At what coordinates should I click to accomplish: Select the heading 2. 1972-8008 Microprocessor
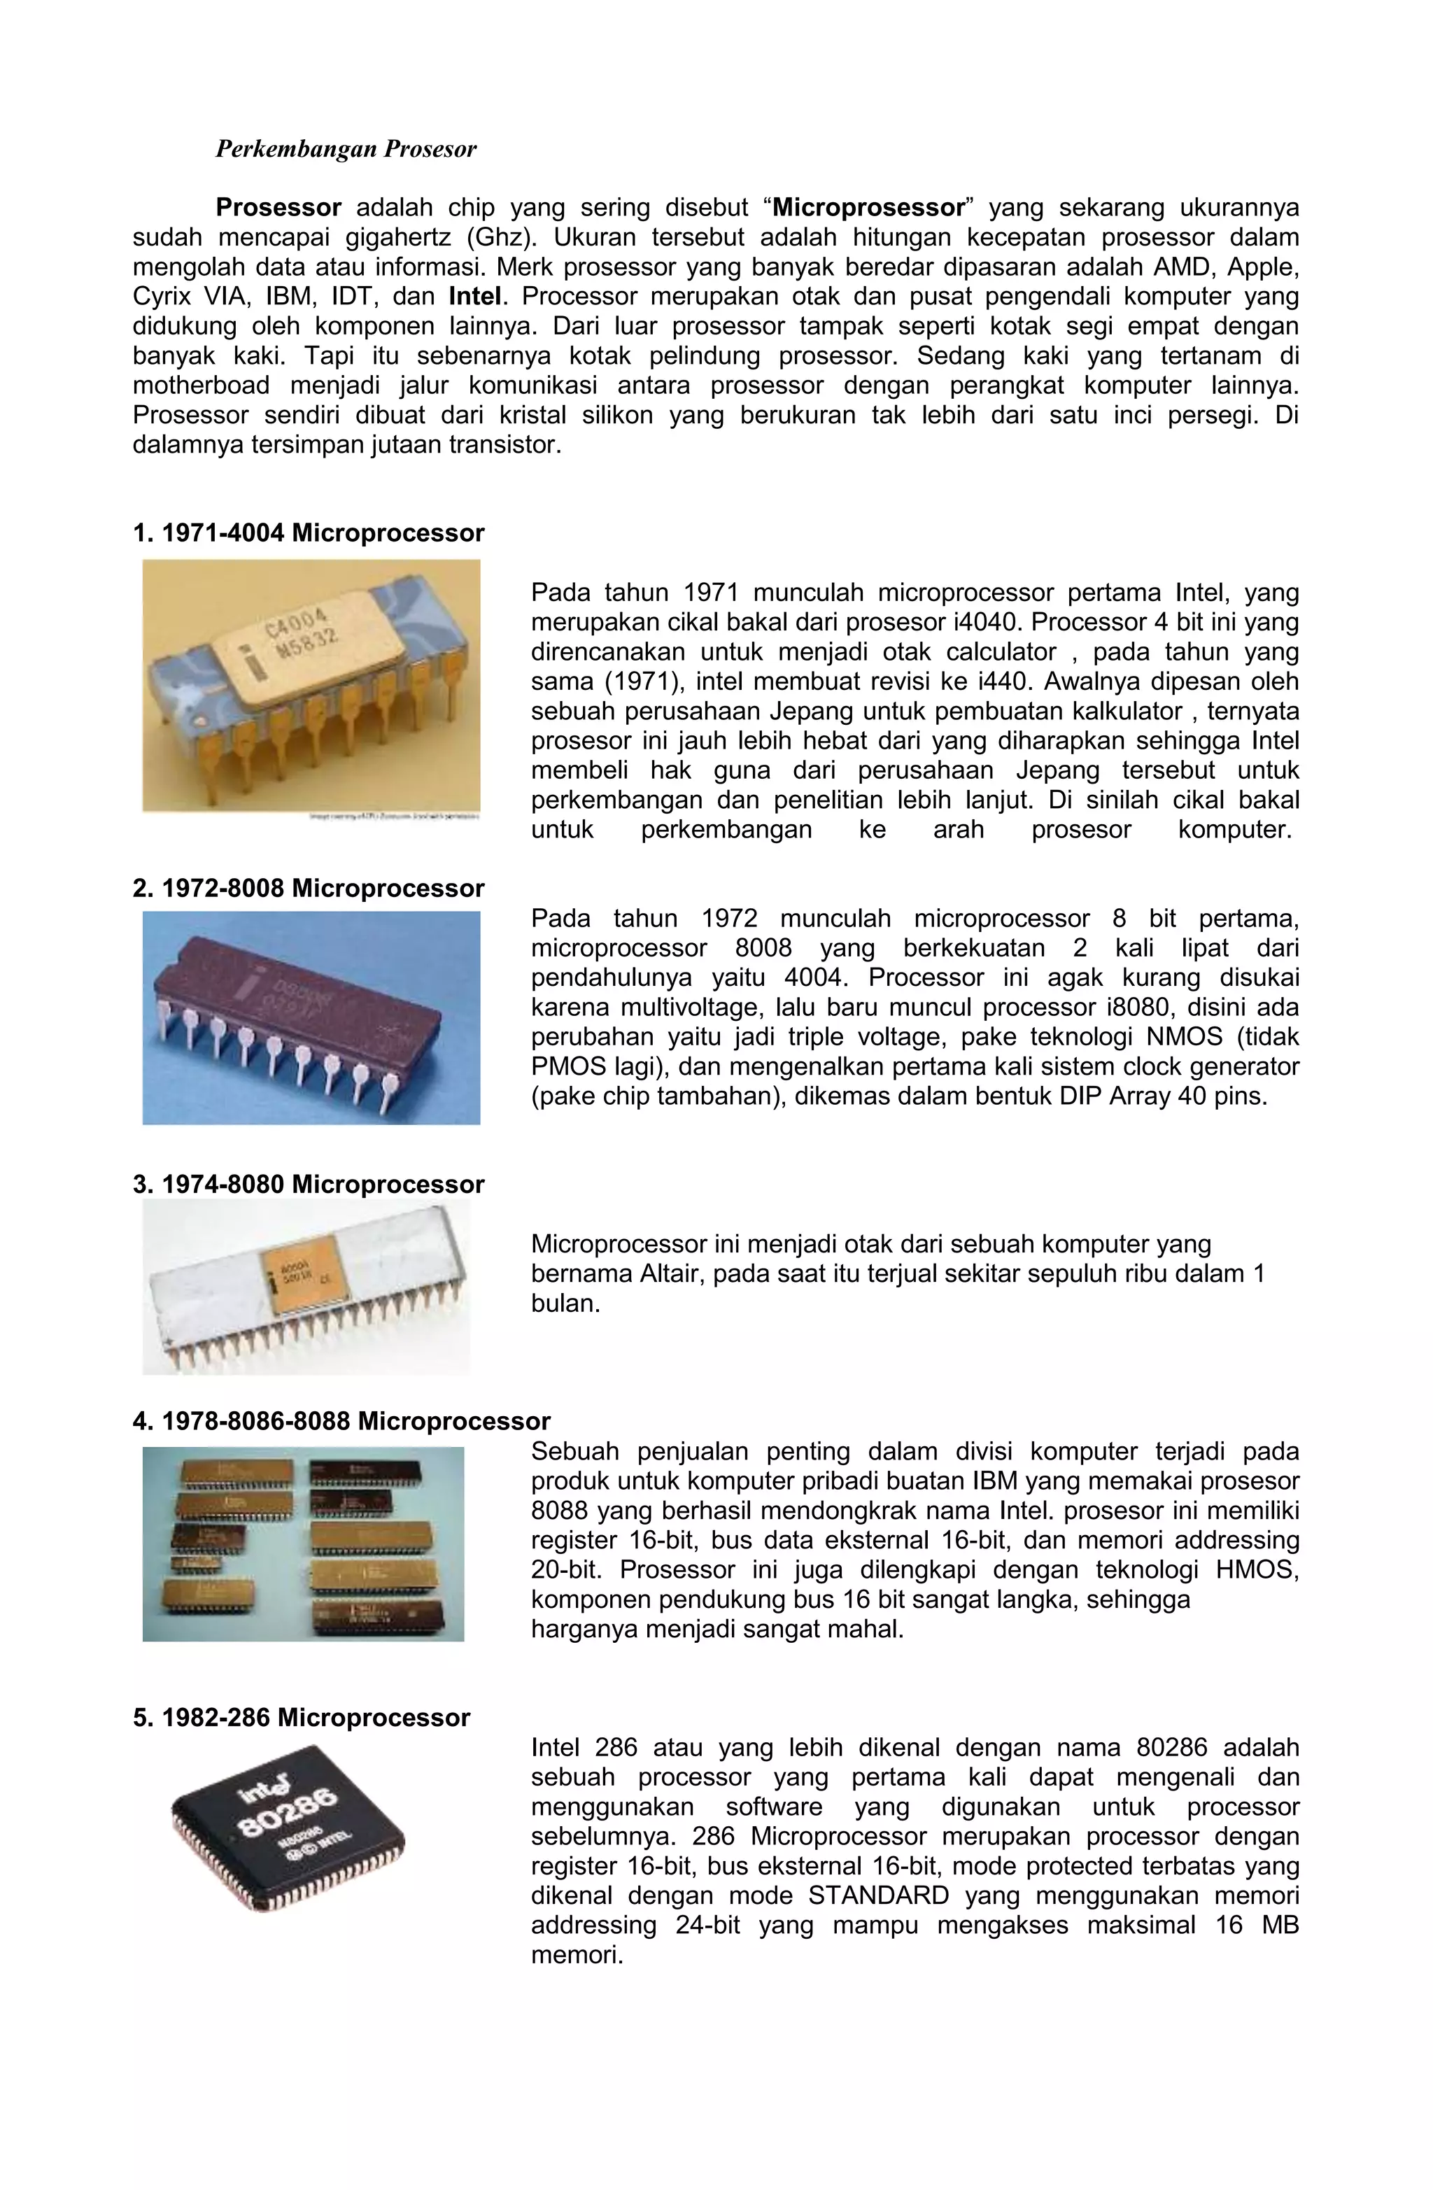[309, 888]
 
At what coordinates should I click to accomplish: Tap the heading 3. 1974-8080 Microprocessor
[309, 1185]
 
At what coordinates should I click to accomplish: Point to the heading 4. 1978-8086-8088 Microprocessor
[341, 1421]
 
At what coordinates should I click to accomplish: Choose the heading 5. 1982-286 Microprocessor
[301, 1717]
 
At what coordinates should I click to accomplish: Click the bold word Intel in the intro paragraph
[475, 296]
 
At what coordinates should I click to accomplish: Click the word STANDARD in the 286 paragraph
[878, 1895]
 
